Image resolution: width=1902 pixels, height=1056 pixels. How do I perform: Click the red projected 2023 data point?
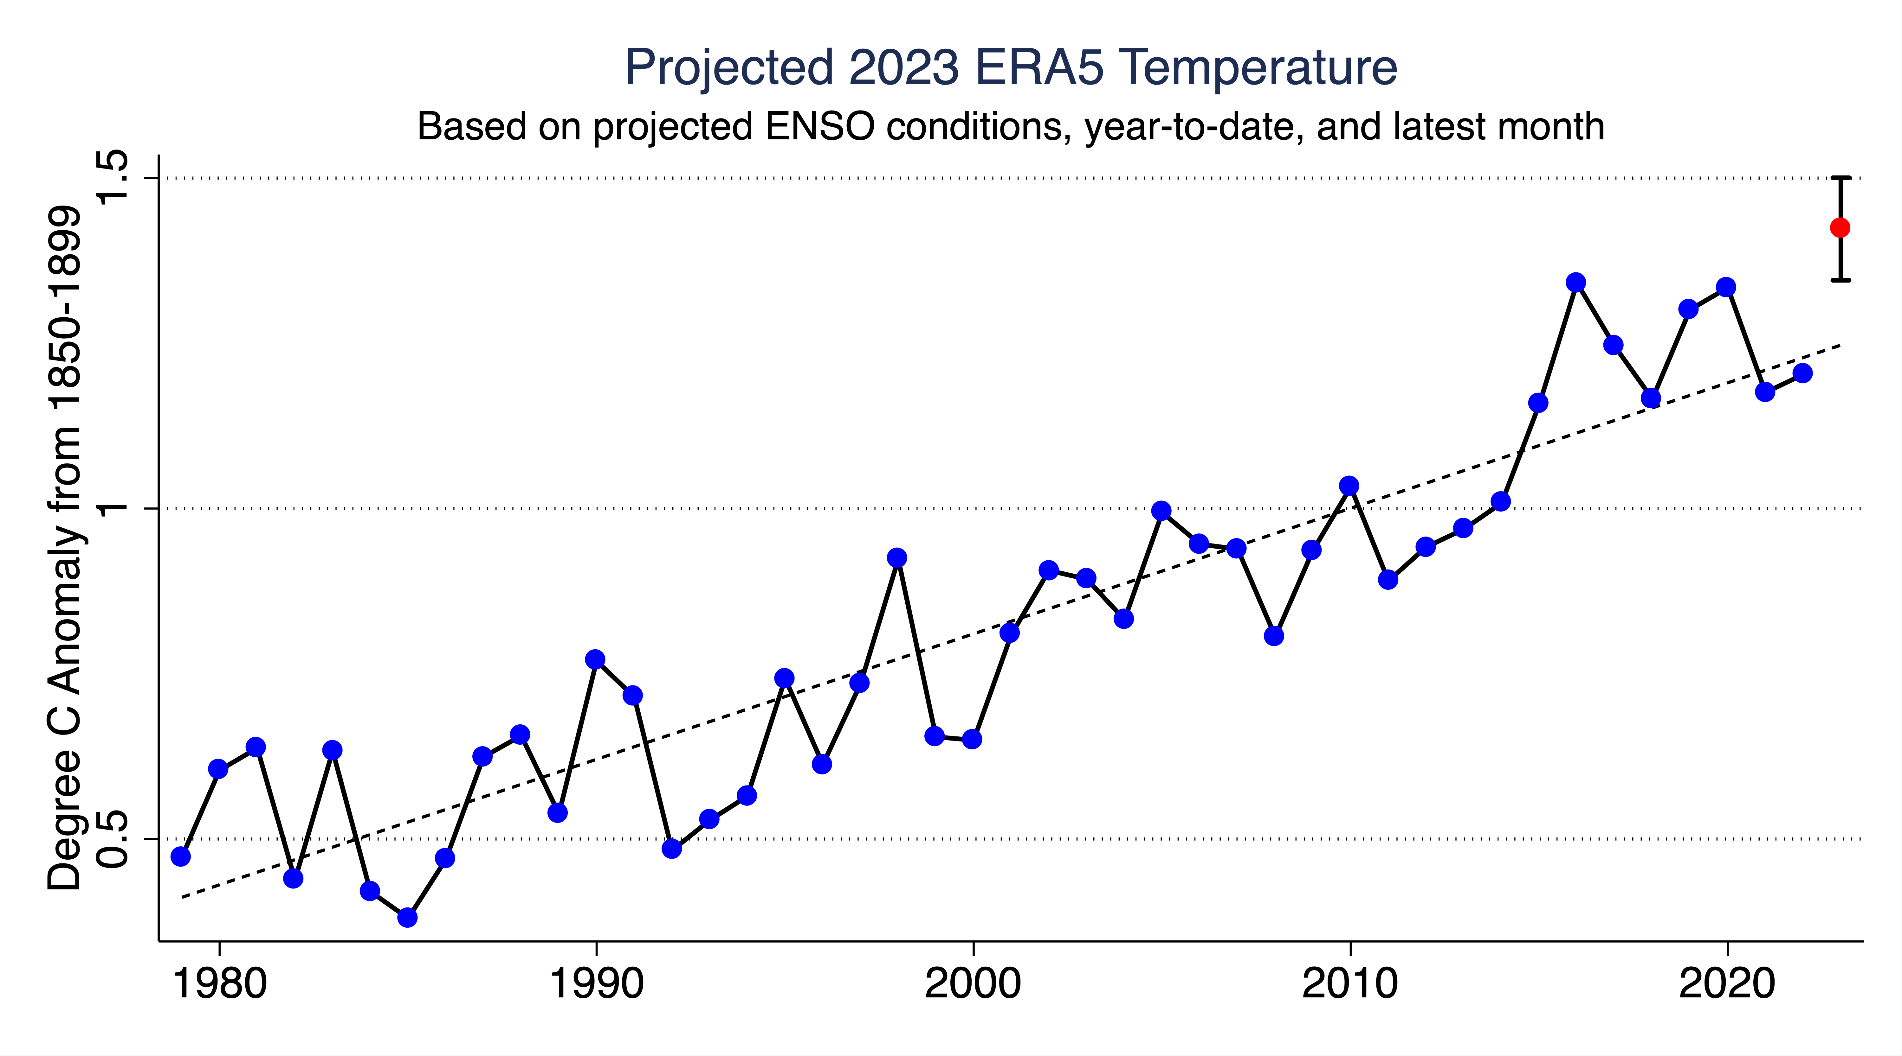pos(1840,227)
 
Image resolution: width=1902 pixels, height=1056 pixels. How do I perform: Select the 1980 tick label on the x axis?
pos(218,984)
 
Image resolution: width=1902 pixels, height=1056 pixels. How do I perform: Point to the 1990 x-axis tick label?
pos(596,984)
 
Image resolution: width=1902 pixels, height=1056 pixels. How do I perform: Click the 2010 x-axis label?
pos(1350,984)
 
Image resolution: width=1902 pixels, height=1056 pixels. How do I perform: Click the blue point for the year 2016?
pos(1575,283)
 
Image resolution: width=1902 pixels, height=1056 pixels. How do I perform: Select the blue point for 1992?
pos(671,849)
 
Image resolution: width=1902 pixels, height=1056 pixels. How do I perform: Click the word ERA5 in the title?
pos(1039,68)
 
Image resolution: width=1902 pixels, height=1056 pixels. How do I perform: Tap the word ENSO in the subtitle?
pos(819,127)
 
